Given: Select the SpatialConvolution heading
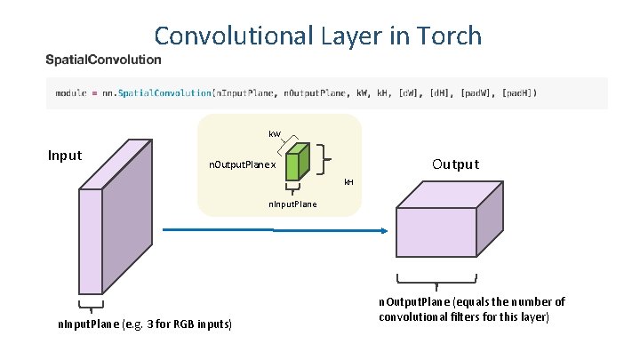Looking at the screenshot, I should click(104, 60).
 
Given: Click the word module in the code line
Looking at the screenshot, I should click(70, 92).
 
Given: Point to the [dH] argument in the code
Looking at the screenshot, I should click(436, 92).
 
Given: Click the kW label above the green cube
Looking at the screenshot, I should click(275, 134).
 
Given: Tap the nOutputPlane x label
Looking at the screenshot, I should click(242, 165).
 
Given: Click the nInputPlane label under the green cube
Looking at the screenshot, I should click(292, 205).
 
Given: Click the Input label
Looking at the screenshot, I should click(65, 156).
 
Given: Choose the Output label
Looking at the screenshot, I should click(455, 164).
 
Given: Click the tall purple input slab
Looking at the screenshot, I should click(105, 222).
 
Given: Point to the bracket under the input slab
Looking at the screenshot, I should click(91, 309).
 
